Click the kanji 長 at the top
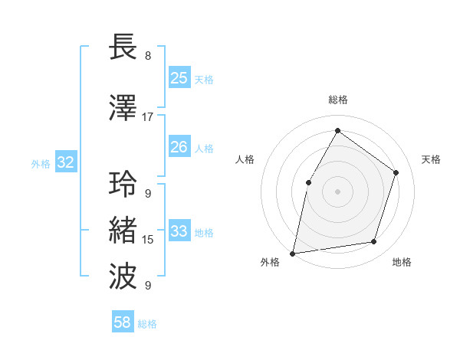coord(124,46)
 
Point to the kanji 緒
coord(124,230)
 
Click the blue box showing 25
coord(179,78)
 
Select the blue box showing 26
coord(179,147)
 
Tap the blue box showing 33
coord(179,231)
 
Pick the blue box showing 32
coord(65,162)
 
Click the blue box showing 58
coord(123,322)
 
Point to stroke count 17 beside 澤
coord(147,117)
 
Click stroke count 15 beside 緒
coord(147,240)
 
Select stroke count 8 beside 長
coord(147,56)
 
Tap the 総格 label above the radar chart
coord(337,100)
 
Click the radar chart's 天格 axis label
coord(431,159)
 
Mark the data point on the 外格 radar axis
coord(292,253)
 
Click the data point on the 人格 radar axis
coord(308,182)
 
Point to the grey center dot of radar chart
coord(337,191)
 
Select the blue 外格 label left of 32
coord(41,163)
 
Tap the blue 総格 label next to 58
coord(147,324)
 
